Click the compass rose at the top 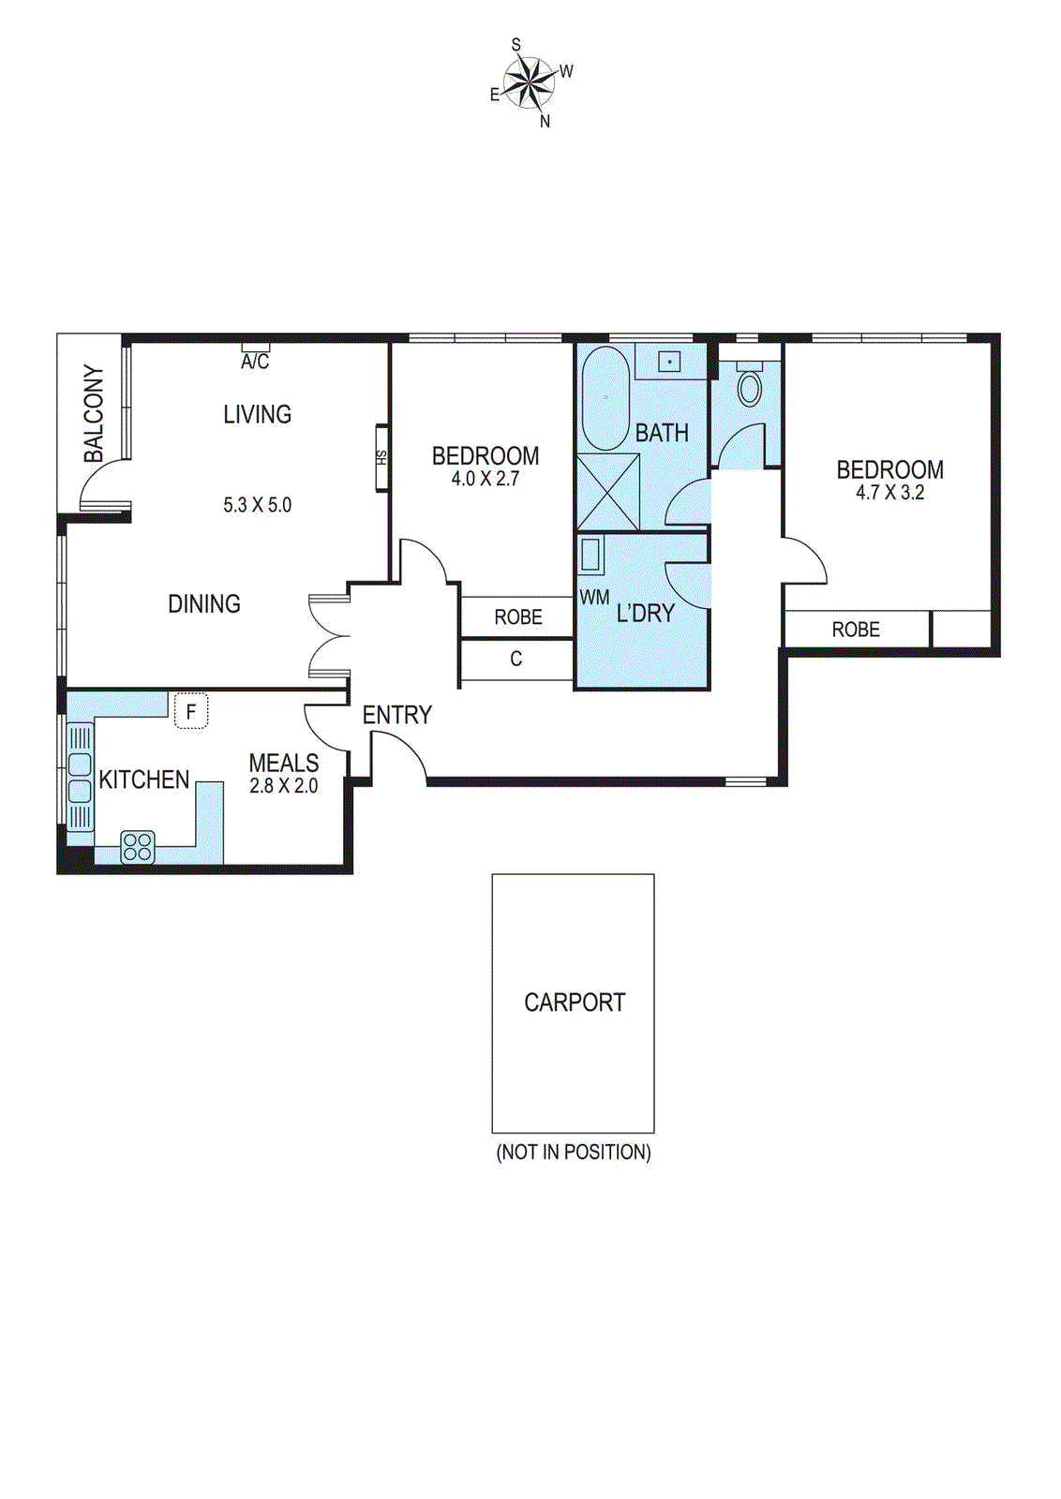[x=529, y=82]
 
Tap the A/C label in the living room [x=255, y=362]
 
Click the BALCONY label [x=94, y=413]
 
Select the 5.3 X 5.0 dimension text [x=257, y=505]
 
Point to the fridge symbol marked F [x=191, y=712]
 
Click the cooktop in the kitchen [x=138, y=847]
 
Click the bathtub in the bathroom [x=605, y=399]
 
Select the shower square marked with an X [x=607, y=493]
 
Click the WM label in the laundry [x=594, y=598]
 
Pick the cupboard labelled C [x=516, y=660]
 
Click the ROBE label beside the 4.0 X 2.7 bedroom [x=518, y=617]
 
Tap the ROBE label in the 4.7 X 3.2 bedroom [x=856, y=630]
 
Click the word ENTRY [x=397, y=715]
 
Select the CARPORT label [x=574, y=1002]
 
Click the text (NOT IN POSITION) [x=574, y=1152]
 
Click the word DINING [x=204, y=604]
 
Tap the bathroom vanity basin [x=669, y=362]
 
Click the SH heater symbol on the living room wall [x=381, y=458]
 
